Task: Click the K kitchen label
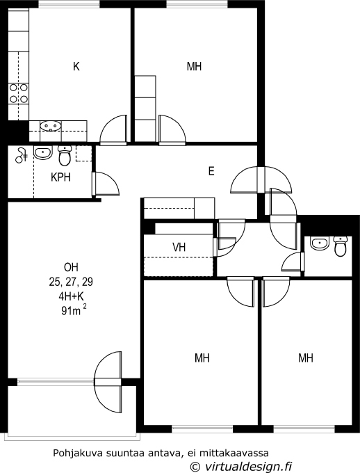pos(76,66)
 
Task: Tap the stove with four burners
pos(18,93)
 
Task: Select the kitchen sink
pos(51,126)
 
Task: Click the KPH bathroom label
pos(61,177)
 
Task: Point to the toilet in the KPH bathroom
pos(65,155)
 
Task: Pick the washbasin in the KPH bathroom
pos(43,153)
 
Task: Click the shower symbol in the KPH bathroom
pos(21,156)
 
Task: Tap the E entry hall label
pos(211,171)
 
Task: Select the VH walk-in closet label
pos(179,248)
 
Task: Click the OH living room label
pos(71,267)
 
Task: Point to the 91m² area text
pos(74,310)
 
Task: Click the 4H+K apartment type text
pos(71,296)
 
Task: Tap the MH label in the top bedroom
pos(194,66)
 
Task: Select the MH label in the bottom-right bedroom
pos(306,358)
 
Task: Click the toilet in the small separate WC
pos(341,246)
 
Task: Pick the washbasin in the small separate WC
pos(320,244)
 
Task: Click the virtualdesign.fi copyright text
pos(242,466)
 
